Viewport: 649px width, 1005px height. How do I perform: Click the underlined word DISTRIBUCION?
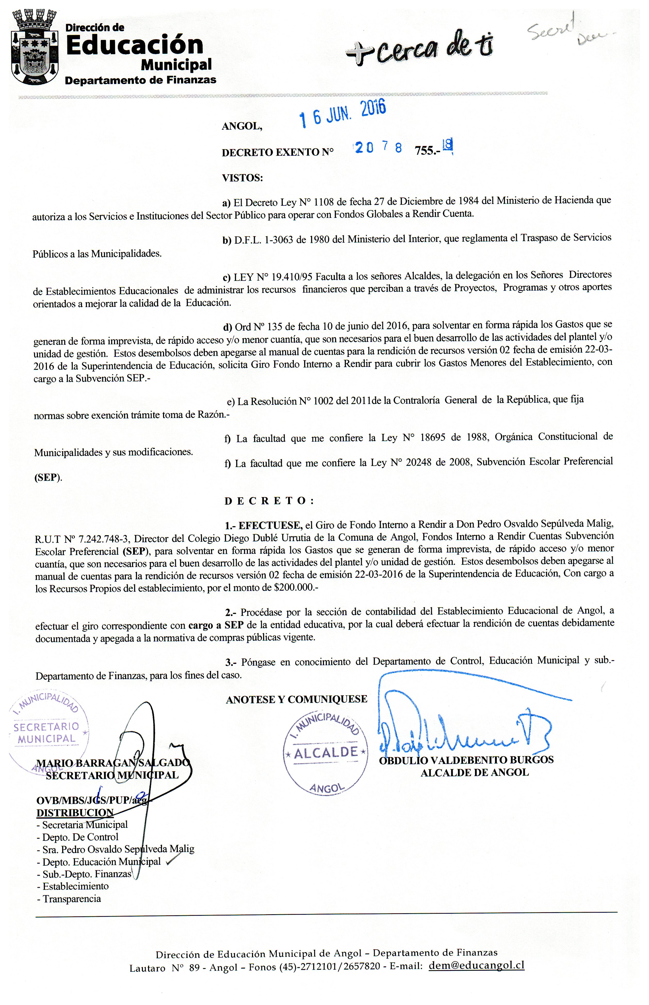point(75,812)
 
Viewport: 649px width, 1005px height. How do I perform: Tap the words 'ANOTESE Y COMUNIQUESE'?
point(296,699)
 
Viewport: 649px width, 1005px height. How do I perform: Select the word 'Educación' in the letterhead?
point(135,45)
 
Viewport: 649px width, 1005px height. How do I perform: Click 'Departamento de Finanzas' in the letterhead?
point(140,80)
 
